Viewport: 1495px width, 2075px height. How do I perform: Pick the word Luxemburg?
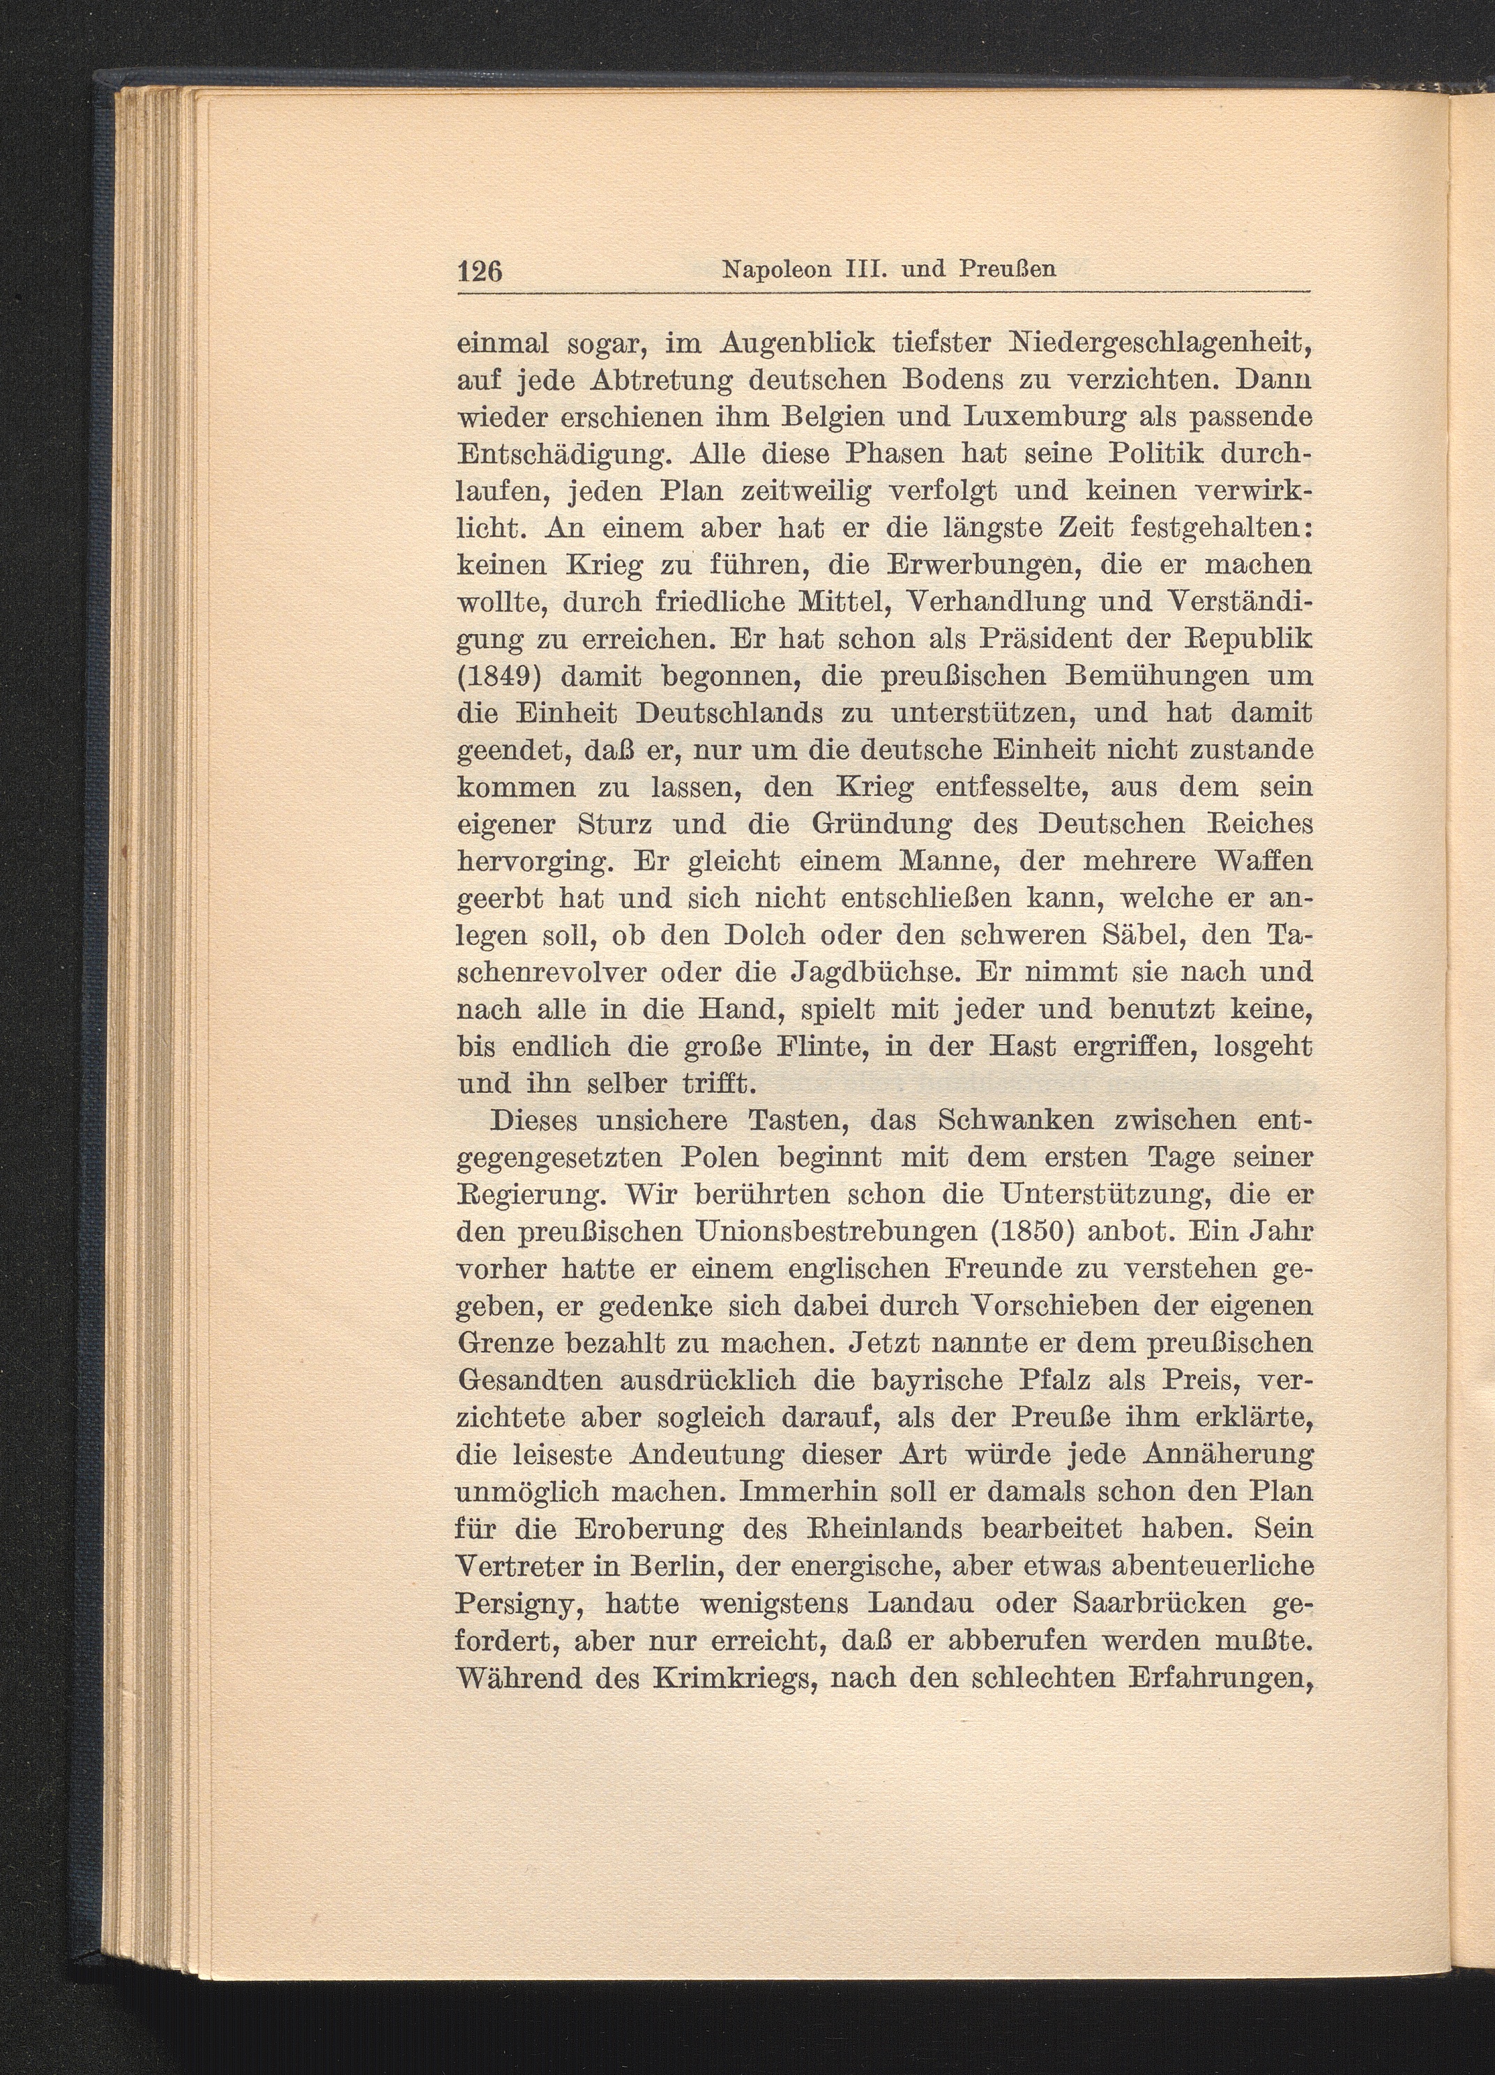1017,417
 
